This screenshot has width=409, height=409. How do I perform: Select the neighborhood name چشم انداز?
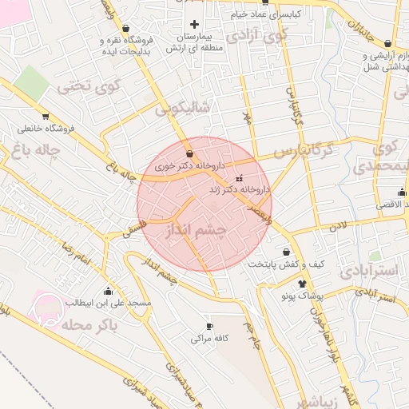tap(196, 231)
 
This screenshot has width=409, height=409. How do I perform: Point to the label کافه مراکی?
tap(210, 339)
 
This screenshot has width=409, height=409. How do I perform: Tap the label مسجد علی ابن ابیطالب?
tap(103, 304)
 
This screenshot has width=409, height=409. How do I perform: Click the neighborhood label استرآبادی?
tap(369, 270)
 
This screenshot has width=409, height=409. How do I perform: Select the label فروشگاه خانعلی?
tap(46, 128)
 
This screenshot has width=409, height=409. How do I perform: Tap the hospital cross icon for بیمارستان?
tap(193, 25)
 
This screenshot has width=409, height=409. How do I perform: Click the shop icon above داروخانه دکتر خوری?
tap(189, 154)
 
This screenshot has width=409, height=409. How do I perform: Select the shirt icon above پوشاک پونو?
tap(302, 283)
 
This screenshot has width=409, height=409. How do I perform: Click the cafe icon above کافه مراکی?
tap(209, 326)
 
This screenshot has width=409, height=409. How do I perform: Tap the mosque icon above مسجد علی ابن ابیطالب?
tap(108, 291)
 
